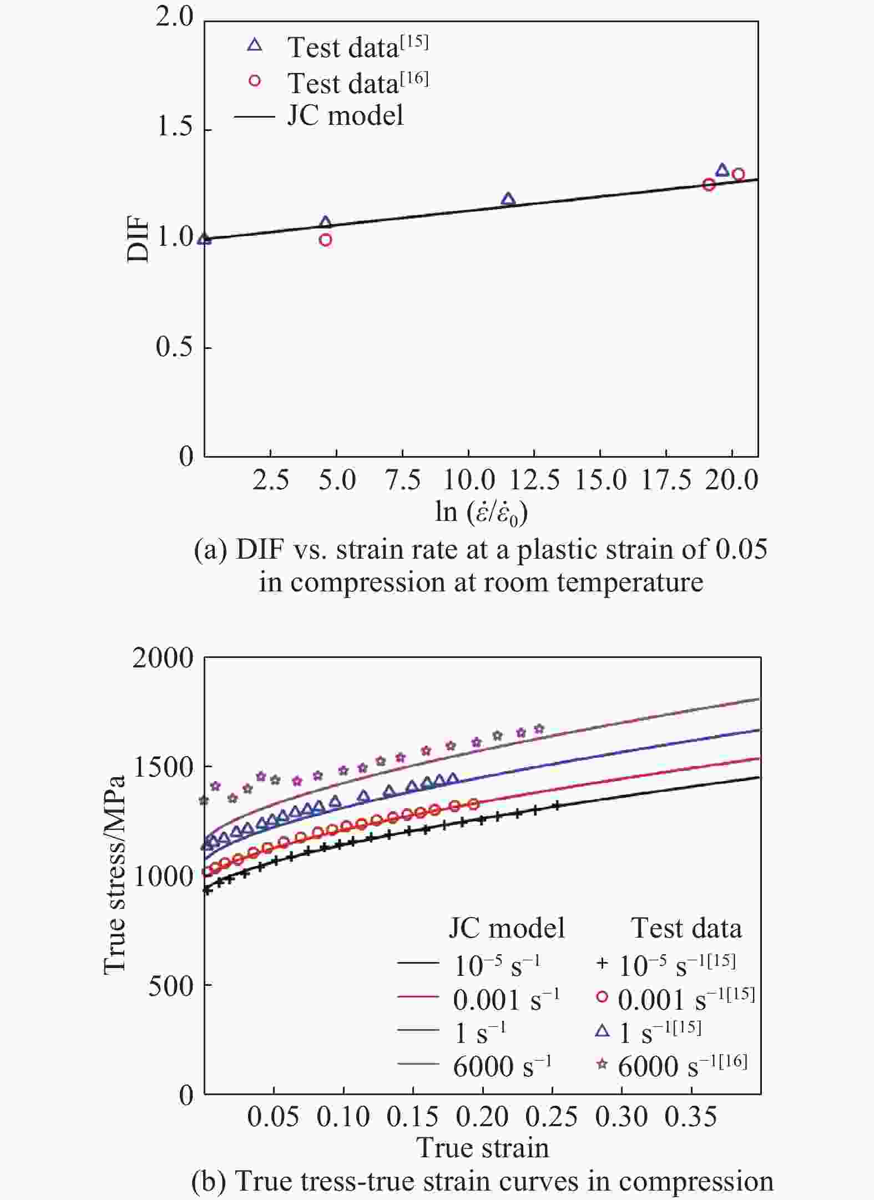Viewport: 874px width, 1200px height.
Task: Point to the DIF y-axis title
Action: pyautogui.click(x=138, y=240)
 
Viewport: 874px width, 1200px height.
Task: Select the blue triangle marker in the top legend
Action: pyautogui.click(x=255, y=45)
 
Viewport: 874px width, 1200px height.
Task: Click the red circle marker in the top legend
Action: pyautogui.click(x=255, y=81)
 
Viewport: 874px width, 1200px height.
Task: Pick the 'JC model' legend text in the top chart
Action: pyautogui.click(x=345, y=116)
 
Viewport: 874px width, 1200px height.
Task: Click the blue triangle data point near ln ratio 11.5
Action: pyautogui.click(x=508, y=200)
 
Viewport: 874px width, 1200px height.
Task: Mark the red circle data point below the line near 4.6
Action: pyautogui.click(x=326, y=240)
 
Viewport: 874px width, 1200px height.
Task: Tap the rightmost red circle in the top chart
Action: pyautogui.click(x=738, y=174)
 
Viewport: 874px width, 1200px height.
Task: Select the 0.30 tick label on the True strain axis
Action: pyautogui.click(x=622, y=1115)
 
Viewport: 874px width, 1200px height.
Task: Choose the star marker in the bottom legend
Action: pyautogui.click(x=602, y=1064)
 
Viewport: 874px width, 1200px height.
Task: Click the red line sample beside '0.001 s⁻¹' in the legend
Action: pyautogui.click(x=418, y=996)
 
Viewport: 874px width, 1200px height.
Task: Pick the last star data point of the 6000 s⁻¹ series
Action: pyautogui.click(x=539, y=729)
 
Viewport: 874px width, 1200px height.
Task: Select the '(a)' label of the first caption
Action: pyautogui.click(x=210, y=550)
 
